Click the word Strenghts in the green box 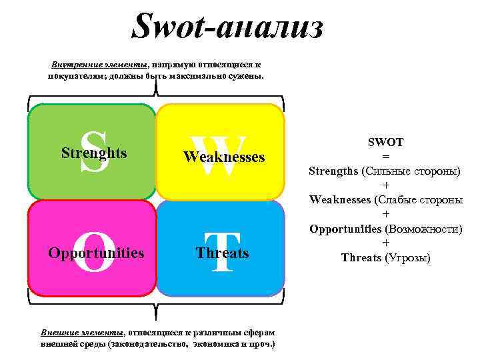[94, 153]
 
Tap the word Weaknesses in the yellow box [224, 157]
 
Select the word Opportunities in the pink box [96, 253]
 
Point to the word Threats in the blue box [223, 253]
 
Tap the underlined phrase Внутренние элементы [99, 65]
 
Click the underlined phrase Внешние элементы [81, 332]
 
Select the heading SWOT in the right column [385, 142]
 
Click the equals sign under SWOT [385, 156]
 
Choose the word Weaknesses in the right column [339, 199]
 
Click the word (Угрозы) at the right [408, 257]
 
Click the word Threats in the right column [361, 257]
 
